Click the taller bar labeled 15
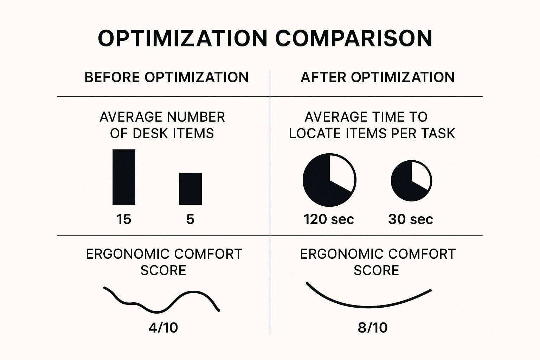[x=124, y=177]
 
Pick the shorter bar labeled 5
[x=191, y=189]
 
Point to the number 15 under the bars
[x=124, y=219]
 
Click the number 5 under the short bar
[x=190, y=219]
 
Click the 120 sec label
[x=329, y=219]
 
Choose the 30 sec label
[x=410, y=219]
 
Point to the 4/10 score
[x=163, y=328]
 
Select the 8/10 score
[x=373, y=328]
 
